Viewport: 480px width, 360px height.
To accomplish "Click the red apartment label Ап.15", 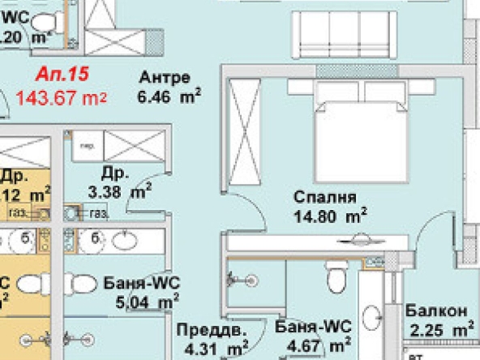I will pos(62,75).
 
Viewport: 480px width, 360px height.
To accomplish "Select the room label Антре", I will pos(165,79).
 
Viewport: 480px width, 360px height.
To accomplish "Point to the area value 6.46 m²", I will pos(169,96).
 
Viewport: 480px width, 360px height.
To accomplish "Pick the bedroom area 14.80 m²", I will pos(329,216).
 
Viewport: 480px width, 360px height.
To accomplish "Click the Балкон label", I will pos(436,311).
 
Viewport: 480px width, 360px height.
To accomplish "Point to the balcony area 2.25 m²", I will pos(441,329).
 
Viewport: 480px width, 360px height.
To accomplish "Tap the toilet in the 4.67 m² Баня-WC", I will pos(335,278).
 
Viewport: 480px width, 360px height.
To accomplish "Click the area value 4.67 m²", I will pos(319,345).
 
